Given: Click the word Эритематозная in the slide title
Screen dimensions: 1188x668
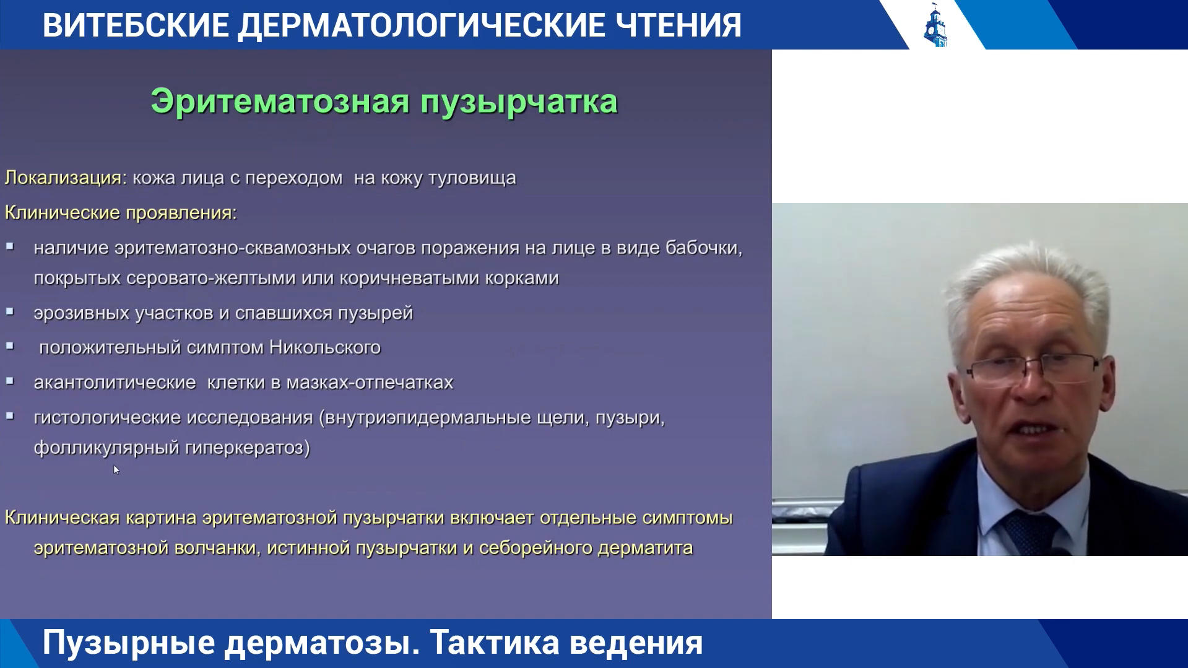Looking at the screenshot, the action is coord(280,102).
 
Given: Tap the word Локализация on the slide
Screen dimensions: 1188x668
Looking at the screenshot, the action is coord(63,178).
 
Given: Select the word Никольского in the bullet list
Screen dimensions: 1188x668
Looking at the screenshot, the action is coord(325,347).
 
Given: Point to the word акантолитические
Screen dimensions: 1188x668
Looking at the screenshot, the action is coord(115,383).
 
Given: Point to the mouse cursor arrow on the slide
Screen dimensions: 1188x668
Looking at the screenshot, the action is coord(116,469).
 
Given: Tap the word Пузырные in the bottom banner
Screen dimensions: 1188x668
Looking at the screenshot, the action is coord(128,644).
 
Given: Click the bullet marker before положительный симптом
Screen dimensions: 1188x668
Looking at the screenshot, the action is coord(10,346).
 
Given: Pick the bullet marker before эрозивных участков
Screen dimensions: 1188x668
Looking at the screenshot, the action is coord(10,311).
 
